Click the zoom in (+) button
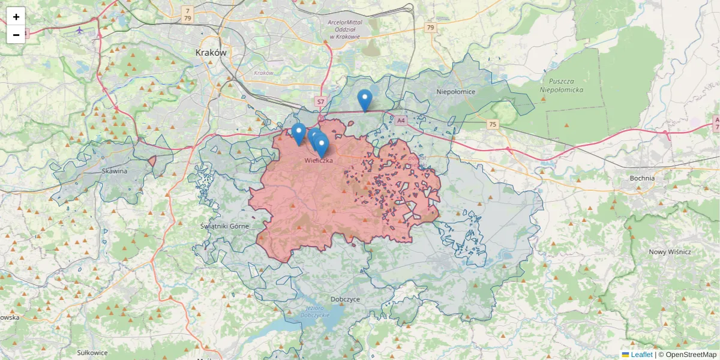[x=16, y=17]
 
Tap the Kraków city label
[x=211, y=53]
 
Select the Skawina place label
[x=114, y=171]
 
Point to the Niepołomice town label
[x=456, y=92]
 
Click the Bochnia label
[x=642, y=178]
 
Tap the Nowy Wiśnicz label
[x=670, y=252]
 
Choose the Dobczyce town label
[x=345, y=298]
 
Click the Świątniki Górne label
[x=223, y=226]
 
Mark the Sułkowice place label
[x=92, y=352]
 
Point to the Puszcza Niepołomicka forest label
[x=562, y=85]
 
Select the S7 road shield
[x=320, y=102]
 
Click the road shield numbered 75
[x=493, y=124]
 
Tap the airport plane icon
[x=80, y=29]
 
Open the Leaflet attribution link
[x=641, y=355]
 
